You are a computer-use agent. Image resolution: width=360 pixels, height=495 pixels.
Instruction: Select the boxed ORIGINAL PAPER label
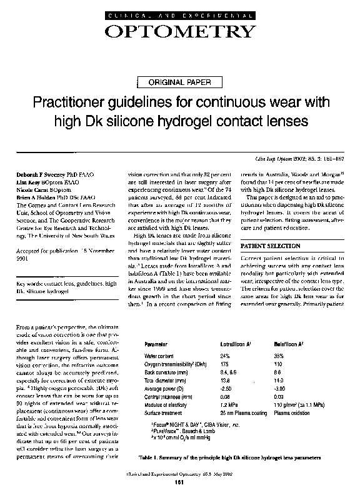tap(179, 82)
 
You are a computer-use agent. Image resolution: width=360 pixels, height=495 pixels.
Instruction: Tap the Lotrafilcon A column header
tap(235, 344)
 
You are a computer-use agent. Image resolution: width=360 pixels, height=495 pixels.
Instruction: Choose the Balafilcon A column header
tap(288, 344)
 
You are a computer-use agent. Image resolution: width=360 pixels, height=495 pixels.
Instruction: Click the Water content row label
tap(159, 355)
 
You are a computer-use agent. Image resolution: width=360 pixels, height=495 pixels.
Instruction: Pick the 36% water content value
tap(279, 355)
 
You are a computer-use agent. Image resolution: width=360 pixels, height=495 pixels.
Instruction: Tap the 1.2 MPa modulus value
tap(228, 404)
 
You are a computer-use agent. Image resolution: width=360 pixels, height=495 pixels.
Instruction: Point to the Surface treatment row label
tap(163, 412)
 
